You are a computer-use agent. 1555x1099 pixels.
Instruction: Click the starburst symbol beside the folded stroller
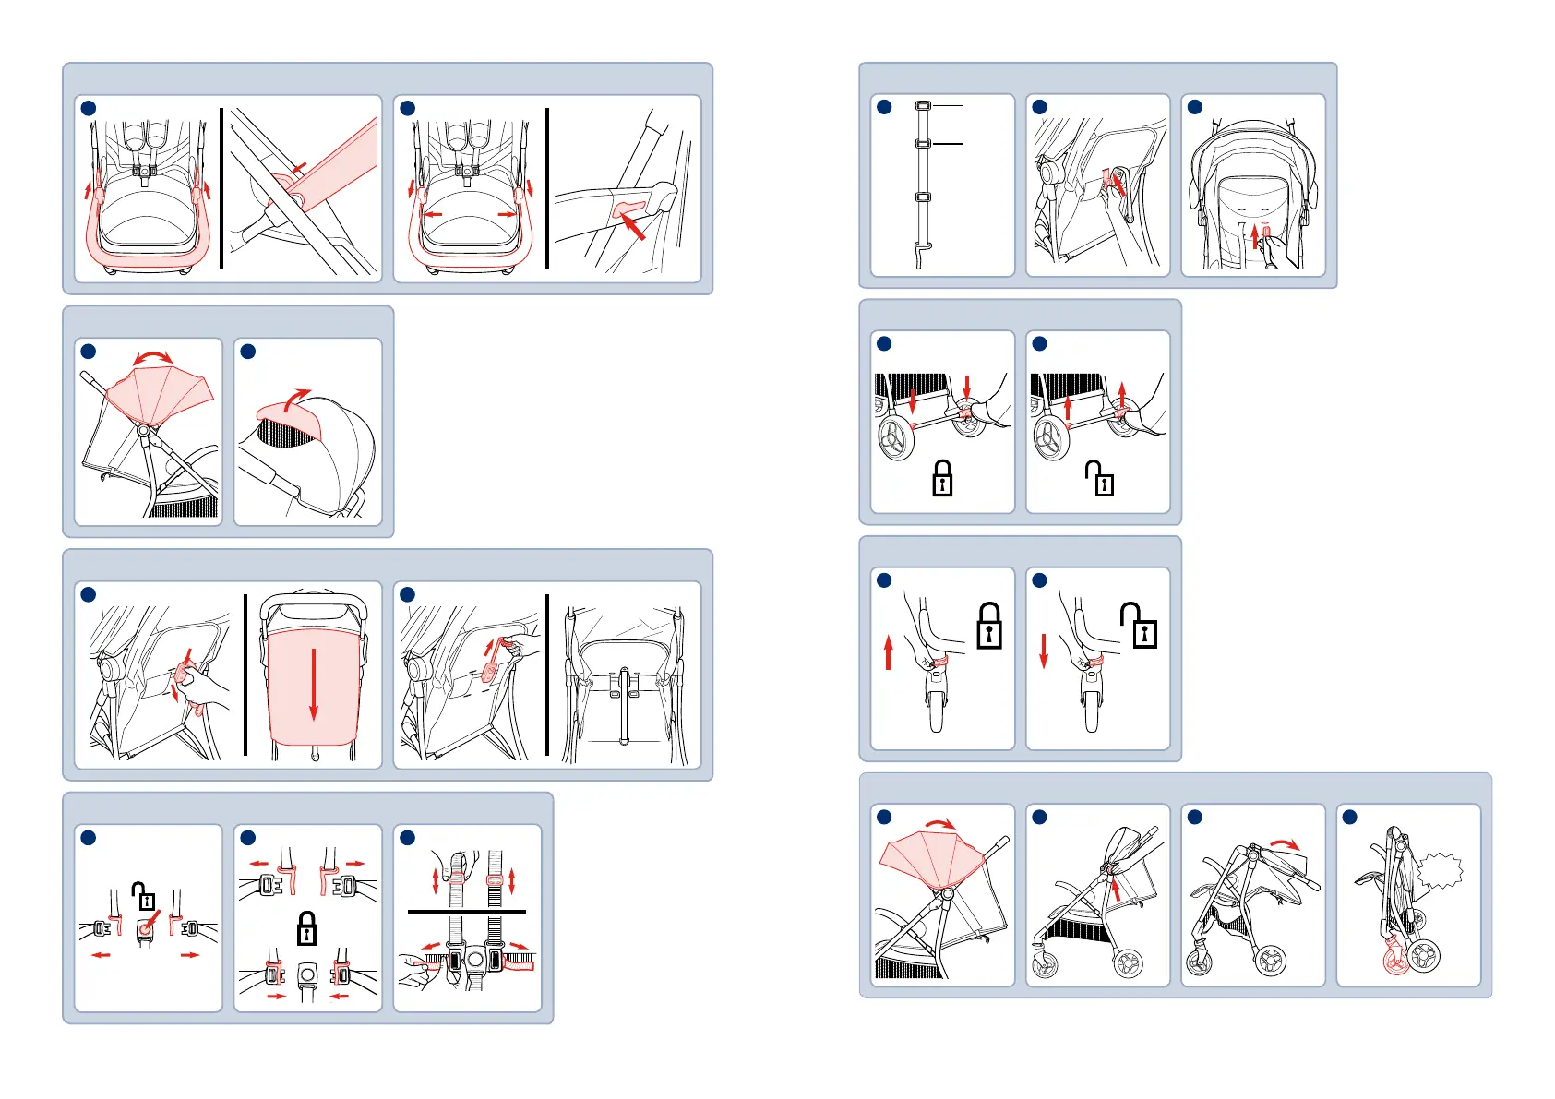(1441, 871)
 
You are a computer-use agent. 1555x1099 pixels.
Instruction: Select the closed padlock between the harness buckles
(306, 926)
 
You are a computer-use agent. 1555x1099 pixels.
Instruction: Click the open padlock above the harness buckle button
(142, 895)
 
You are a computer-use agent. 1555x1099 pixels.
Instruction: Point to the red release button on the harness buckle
(145, 927)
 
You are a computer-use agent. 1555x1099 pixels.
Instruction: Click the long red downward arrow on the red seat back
(314, 684)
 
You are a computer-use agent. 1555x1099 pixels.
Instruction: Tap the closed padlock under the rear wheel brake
(942, 478)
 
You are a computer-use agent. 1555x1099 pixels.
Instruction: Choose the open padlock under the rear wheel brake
(1100, 478)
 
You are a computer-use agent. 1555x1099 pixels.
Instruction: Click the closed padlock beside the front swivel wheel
(988, 627)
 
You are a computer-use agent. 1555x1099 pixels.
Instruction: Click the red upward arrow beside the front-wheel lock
(889, 651)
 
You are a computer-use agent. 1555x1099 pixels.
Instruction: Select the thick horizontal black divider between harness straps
(466, 912)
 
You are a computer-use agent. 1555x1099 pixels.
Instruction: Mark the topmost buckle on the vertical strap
(922, 106)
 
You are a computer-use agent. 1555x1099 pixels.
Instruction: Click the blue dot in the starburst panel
(1349, 817)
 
